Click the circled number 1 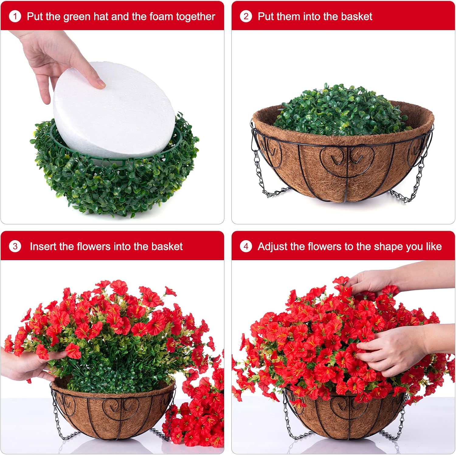(15, 16)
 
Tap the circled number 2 (246, 16)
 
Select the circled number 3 (15, 246)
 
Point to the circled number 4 (246, 246)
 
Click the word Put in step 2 (267, 16)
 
